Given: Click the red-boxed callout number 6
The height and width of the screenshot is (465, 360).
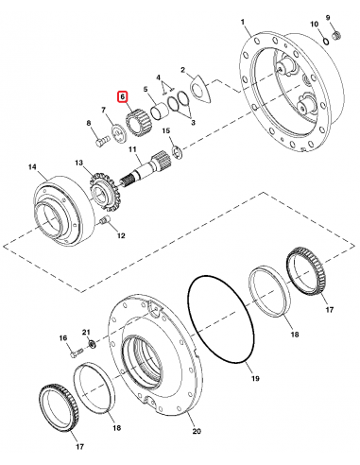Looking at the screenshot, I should coord(120,95).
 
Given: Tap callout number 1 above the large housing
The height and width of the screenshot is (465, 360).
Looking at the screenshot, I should coord(242,21).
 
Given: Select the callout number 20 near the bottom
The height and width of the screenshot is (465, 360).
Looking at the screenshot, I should coord(197,432).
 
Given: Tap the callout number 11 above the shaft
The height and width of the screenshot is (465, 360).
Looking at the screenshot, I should coord(132,152).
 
